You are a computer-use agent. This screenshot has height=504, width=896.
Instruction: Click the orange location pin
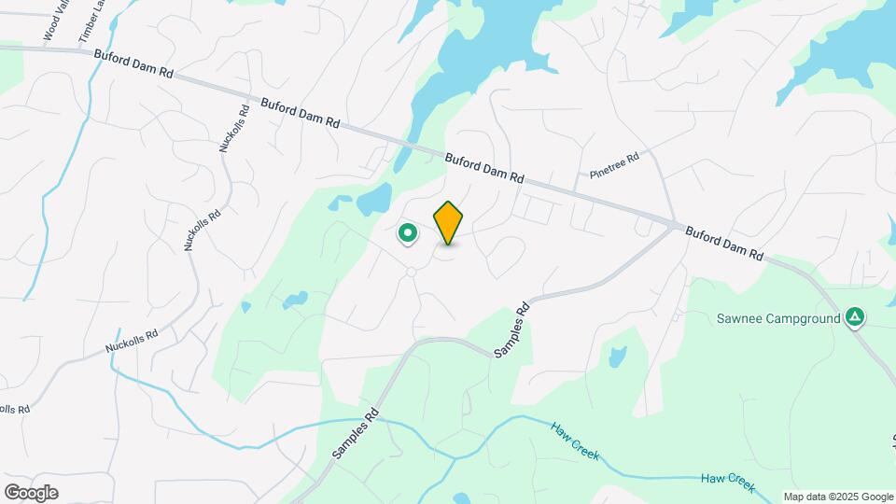(x=449, y=222)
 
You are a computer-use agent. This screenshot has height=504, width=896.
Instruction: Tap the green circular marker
(x=407, y=232)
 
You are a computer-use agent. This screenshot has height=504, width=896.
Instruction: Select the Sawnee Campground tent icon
(x=853, y=317)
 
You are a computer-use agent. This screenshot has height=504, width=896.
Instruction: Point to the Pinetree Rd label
(x=613, y=166)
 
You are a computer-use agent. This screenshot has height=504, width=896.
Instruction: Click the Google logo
(x=31, y=492)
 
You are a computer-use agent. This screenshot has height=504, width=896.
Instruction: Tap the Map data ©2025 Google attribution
(x=837, y=497)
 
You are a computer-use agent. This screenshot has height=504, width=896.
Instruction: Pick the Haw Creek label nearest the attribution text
(x=727, y=481)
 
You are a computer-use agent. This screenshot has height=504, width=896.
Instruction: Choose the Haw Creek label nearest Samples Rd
(x=574, y=441)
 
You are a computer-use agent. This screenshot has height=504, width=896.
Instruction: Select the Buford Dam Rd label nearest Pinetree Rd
(x=484, y=168)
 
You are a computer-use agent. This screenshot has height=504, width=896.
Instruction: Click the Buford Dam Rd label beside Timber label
(x=133, y=63)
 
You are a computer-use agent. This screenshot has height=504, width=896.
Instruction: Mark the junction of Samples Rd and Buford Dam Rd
(x=674, y=224)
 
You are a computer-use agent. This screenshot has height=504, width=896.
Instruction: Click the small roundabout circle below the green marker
(x=410, y=272)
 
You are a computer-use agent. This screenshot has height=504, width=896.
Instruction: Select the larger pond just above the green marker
(x=375, y=198)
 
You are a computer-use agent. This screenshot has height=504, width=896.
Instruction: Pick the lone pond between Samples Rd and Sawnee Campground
(x=616, y=357)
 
